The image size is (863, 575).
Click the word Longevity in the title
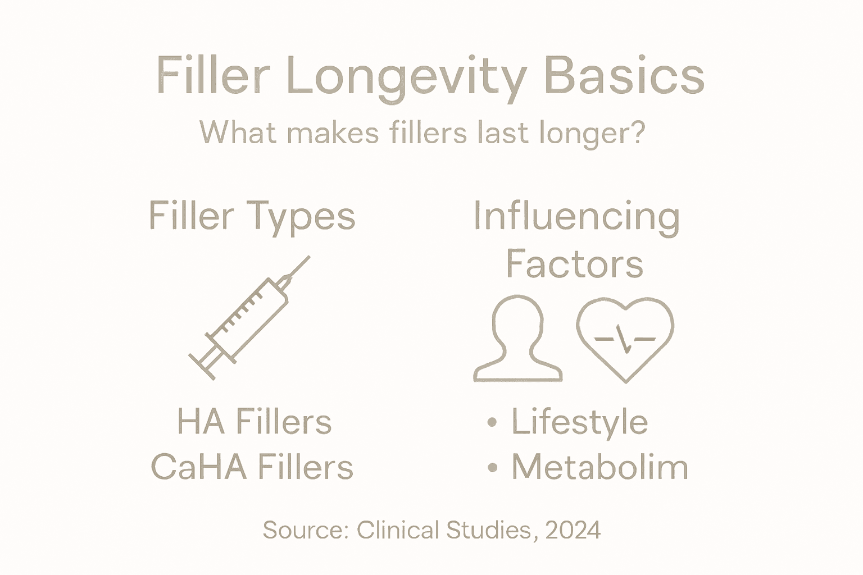point(406,77)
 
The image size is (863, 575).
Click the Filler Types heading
point(252,216)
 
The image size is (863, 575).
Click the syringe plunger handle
point(201,367)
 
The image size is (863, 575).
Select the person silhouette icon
point(517,339)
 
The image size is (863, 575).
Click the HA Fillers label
point(255,422)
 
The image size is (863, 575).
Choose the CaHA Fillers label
point(252,467)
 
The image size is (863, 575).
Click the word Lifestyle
point(579,422)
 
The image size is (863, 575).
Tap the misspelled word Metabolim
point(599,467)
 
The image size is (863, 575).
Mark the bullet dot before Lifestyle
point(492,423)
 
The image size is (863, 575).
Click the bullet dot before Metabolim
point(492,467)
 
